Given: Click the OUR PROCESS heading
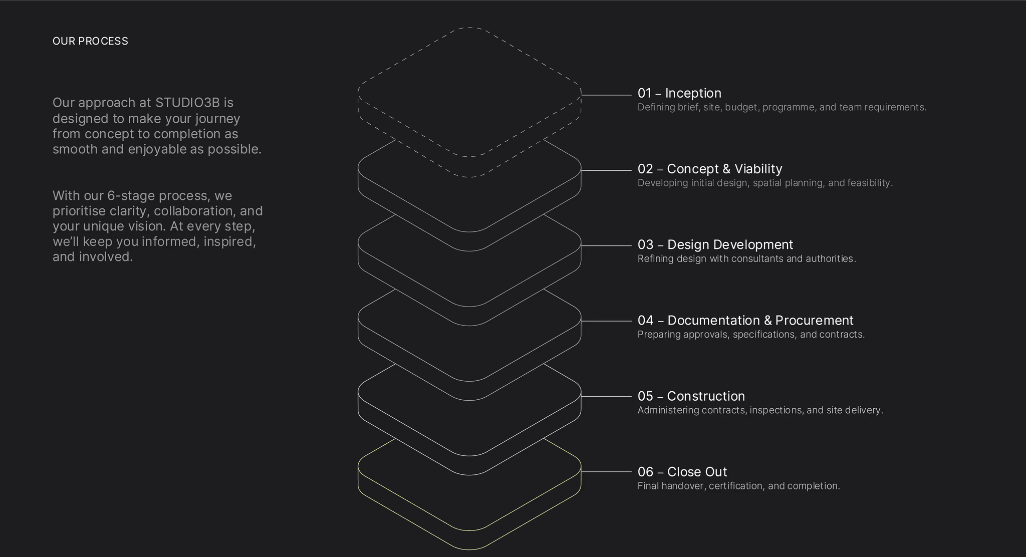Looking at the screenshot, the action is coord(90,41).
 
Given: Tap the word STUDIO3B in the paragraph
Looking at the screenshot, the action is coord(187,103).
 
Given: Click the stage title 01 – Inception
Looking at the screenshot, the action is coord(679,93).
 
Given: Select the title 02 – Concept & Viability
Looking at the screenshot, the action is coord(709,169).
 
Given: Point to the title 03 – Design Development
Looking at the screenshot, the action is coord(715,244).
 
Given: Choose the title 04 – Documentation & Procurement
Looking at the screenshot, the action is coord(745,320).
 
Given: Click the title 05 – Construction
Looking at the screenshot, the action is coord(691,396).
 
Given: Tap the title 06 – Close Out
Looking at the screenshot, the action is coord(682,472).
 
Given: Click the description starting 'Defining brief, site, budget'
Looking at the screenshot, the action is coord(782,107).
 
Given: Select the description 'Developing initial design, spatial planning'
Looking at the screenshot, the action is coord(765,183).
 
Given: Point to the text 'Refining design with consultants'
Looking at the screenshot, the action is coord(746,259).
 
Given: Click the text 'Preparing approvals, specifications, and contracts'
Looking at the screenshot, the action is coord(751,335).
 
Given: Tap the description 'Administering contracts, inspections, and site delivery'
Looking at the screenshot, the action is coord(760,410).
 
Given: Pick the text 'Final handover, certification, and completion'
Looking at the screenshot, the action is coord(738,486).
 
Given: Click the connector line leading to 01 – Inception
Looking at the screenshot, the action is coord(606,95).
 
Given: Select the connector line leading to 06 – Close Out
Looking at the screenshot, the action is coord(606,472).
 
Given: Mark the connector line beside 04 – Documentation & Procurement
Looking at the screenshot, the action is coord(606,321).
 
